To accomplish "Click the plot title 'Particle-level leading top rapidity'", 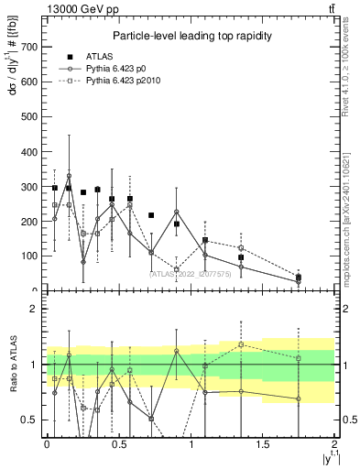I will click(x=190, y=36).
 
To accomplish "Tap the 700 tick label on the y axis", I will click(x=29, y=47).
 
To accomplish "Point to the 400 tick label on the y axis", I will click(x=29, y=152).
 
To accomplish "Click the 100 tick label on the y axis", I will click(x=29, y=256).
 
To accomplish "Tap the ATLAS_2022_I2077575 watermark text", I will click(x=189, y=272).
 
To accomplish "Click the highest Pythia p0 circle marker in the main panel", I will click(x=69, y=176).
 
